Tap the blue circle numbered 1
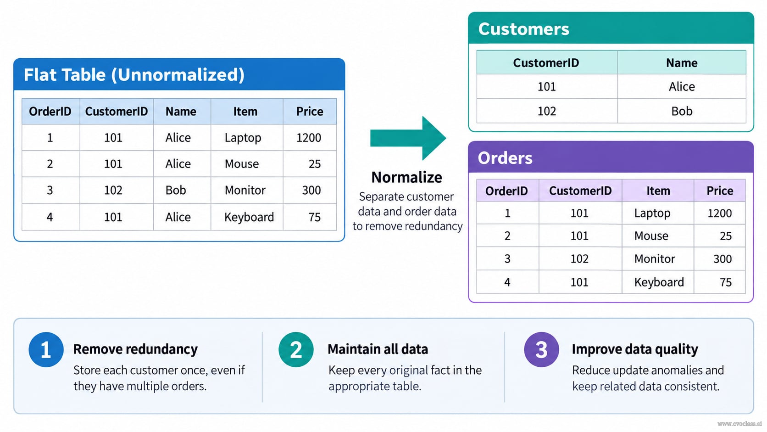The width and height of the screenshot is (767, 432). pyautogui.click(x=46, y=349)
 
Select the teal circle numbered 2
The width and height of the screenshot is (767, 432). pyautogui.click(x=296, y=349)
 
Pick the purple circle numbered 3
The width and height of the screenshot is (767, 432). pyautogui.click(x=541, y=349)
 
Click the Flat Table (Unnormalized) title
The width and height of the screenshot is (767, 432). pyautogui.click(x=134, y=75)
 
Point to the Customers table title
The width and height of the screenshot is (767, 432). pyautogui.click(x=523, y=29)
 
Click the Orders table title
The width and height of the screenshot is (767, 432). pyautogui.click(x=505, y=158)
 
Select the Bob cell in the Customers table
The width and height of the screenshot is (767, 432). pyautogui.click(x=682, y=111)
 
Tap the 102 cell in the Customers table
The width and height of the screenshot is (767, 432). pyautogui.click(x=546, y=111)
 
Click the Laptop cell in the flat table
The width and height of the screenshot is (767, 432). pyautogui.click(x=243, y=138)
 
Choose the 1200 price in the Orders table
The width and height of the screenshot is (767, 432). pyautogui.click(x=719, y=213)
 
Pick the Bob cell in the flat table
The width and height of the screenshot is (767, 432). pyautogui.click(x=176, y=190)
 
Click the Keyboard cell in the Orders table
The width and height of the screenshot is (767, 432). pyautogui.click(x=659, y=282)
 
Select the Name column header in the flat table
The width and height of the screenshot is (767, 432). pyautogui.click(x=181, y=112)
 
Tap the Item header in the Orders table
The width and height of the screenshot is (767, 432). pyautogui.click(x=658, y=191)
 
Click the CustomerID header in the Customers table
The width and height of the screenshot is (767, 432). pyautogui.click(x=546, y=63)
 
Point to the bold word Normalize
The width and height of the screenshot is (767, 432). pyautogui.click(x=407, y=178)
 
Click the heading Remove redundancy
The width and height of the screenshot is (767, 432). pyautogui.click(x=136, y=349)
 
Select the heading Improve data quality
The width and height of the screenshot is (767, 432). pyautogui.click(x=635, y=349)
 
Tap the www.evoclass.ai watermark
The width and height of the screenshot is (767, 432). pyautogui.click(x=739, y=424)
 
